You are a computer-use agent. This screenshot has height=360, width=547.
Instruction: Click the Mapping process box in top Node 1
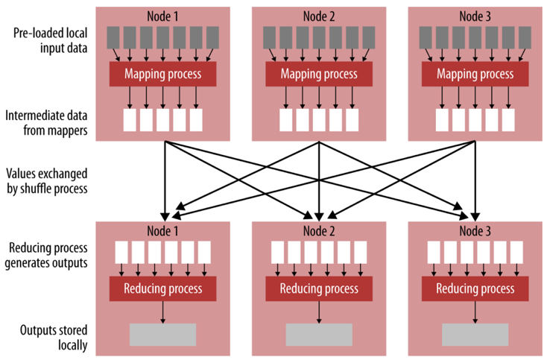(162, 74)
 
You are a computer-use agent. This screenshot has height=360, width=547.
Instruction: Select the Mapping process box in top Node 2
(318, 74)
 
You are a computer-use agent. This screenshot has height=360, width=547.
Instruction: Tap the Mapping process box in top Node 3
(475, 74)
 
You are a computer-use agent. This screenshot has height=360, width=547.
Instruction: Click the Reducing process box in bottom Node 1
(162, 288)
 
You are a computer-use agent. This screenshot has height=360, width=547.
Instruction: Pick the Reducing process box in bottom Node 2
(318, 288)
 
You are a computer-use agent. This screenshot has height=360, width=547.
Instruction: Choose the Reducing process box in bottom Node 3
(475, 288)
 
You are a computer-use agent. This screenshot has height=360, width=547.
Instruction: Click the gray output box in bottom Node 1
(162, 335)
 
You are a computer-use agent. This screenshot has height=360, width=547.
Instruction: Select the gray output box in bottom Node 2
(318, 335)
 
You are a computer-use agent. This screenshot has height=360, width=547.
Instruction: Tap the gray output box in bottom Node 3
(475, 335)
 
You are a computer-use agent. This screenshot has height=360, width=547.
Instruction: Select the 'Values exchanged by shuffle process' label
(46, 181)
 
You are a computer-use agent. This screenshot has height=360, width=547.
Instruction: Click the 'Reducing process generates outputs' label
(46, 253)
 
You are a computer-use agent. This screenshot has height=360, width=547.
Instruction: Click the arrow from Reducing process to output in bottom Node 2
(318, 312)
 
